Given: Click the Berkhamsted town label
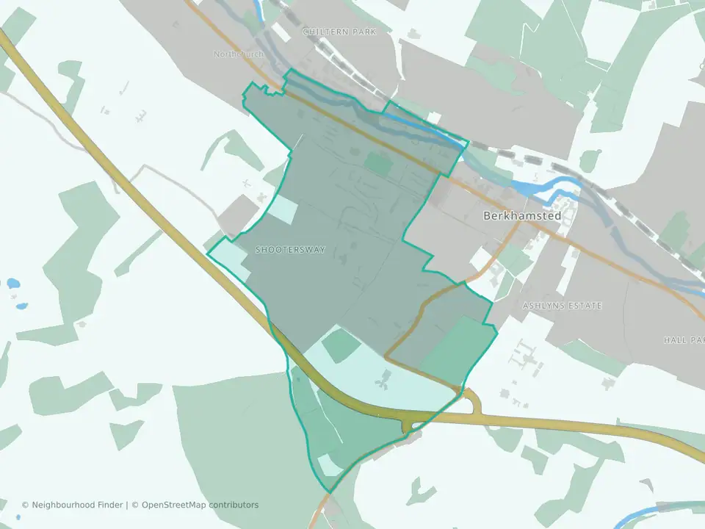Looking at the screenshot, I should pyautogui.click(x=522, y=216).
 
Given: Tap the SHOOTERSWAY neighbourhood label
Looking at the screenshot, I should pyautogui.click(x=290, y=250).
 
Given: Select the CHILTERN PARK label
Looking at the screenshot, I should pyautogui.click(x=339, y=32).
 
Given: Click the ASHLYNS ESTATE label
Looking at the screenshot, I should pyautogui.click(x=562, y=305).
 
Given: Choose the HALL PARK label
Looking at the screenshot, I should pyautogui.click(x=684, y=340).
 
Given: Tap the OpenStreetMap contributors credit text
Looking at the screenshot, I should pyautogui.click(x=200, y=505).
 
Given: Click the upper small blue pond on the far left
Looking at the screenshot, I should pyautogui.click(x=13, y=282).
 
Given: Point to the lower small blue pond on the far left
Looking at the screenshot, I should pyautogui.click(x=22, y=305).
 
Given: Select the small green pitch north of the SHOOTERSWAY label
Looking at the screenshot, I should pyautogui.click(x=379, y=164).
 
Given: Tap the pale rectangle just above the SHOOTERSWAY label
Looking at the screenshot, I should pyautogui.click(x=283, y=210).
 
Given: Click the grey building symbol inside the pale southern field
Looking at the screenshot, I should pyautogui.click(x=382, y=381).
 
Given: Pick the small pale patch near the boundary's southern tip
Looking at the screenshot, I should pyautogui.click(x=328, y=465).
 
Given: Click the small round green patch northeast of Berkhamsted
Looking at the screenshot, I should pyautogui.click(x=590, y=159).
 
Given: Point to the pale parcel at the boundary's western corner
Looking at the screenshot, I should pyautogui.click(x=228, y=258).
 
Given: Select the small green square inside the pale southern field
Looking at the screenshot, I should pyautogui.click(x=341, y=346).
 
